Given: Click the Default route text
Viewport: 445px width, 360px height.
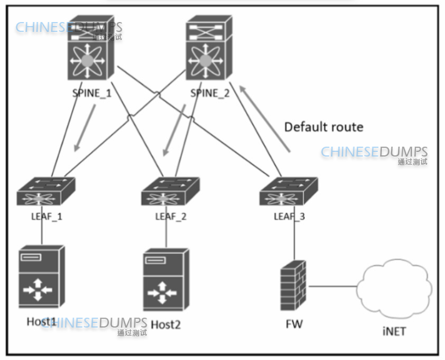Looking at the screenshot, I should click(324, 126).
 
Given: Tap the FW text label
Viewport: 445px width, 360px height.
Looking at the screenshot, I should click(294, 323).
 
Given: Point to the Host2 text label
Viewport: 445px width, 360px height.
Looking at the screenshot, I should click(166, 325).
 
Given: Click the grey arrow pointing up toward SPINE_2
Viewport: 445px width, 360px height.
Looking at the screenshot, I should click(265, 118).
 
